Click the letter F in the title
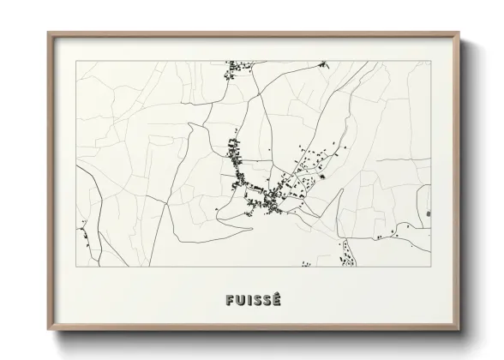229,300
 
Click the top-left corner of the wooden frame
48,33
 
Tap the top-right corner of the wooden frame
460,33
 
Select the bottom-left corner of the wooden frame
48,331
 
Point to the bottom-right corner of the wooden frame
460,331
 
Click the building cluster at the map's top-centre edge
231,69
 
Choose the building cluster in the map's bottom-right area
347,253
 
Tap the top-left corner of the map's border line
77,61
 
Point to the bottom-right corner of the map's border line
430,267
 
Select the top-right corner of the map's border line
430,61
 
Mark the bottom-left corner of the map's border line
77,267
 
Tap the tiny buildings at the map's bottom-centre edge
306,265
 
